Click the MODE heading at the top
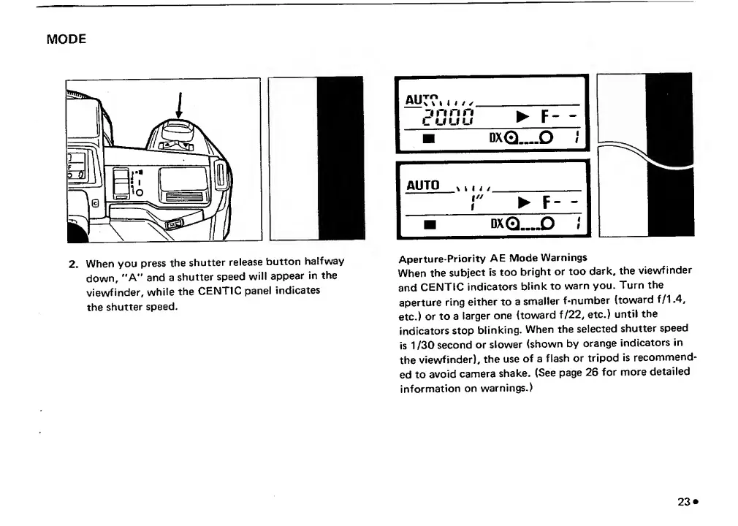[66, 39]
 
